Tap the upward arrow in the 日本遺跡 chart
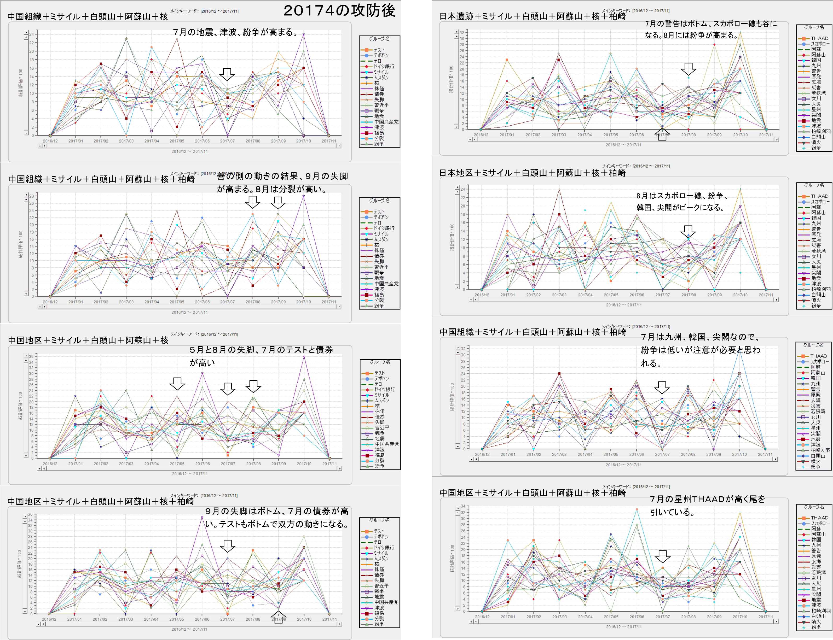click(662, 134)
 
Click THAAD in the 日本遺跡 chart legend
click(819, 38)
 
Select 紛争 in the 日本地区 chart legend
click(816, 306)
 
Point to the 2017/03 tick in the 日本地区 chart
click(559, 295)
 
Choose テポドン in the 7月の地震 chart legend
click(381, 55)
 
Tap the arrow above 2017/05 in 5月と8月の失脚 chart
click(177, 383)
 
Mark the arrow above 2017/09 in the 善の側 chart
click(278, 202)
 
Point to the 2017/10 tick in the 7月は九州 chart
click(739, 455)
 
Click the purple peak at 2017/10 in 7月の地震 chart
click(303, 34)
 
